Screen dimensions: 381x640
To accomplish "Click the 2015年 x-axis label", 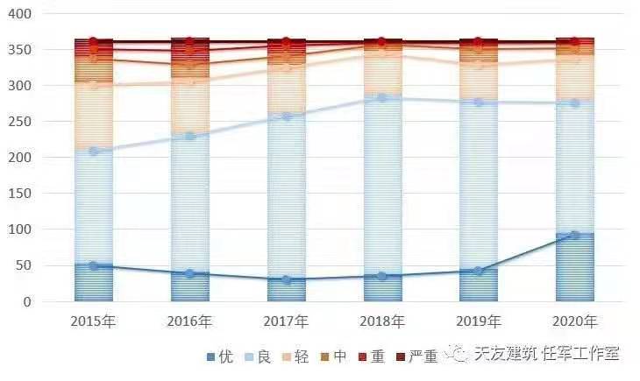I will (94, 321).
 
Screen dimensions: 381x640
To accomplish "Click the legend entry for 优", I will (220, 356).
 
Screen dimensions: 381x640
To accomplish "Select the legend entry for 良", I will (268, 356).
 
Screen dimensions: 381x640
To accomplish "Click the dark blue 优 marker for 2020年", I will (574, 235).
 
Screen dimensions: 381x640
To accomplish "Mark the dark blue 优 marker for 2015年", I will (94, 265).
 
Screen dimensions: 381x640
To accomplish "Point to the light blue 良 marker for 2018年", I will (381, 97).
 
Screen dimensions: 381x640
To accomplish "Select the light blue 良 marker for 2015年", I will (94, 152).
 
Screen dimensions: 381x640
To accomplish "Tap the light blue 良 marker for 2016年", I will (190, 137).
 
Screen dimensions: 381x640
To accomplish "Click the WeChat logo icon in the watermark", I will (457, 353).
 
